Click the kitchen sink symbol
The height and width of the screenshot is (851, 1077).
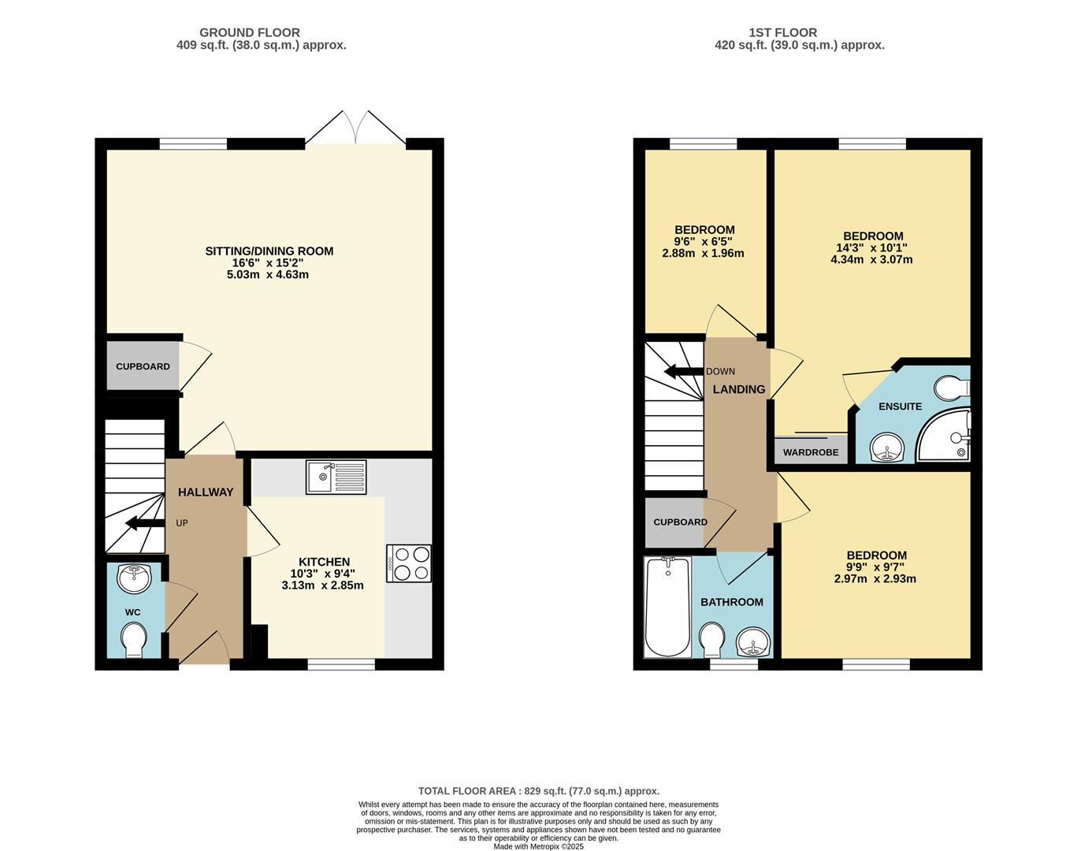(336, 478)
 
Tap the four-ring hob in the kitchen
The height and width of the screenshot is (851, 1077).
(409, 563)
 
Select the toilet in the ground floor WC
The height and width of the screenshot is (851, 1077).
(133, 638)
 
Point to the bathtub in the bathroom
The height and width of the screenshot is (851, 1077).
(668, 607)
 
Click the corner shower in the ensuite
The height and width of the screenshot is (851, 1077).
(945, 437)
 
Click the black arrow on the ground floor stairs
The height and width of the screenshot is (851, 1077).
(143, 522)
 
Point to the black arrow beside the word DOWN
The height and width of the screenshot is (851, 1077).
(682, 372)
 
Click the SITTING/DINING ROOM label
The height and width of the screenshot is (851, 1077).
(269, 251)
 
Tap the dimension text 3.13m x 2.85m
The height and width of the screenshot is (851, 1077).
(322, 585)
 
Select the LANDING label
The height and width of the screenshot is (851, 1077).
(739, 389)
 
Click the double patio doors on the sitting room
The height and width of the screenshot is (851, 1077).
(356, 128)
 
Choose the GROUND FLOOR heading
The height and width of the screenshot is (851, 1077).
(249, 32)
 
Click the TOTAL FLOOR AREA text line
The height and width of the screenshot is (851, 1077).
(538, 791)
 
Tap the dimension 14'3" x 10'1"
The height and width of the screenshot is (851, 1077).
(872, 247)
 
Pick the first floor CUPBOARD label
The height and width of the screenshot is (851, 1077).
(680, 522)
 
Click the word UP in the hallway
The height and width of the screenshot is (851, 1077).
(182, 523)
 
